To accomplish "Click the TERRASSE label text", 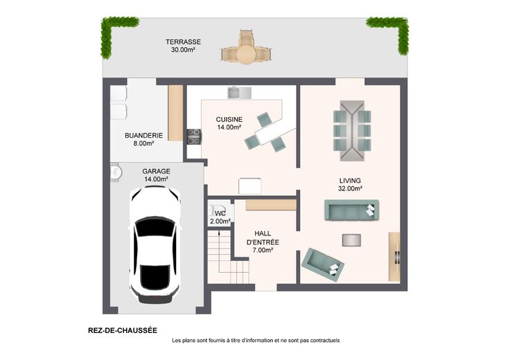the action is (x=183, y=42).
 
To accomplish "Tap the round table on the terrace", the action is (x=247, y=53).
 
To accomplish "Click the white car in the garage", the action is (x=155, y=245).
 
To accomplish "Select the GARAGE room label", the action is (x=156, y=171).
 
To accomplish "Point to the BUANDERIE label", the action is (x=143, y=136).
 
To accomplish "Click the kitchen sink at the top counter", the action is (x=239, y=93).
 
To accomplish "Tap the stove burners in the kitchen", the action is (x=194, y=136).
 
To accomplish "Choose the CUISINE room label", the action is (x=229, y=120).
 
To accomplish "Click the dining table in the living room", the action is (x=352, y=131).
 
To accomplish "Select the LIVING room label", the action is (x=350, y=181).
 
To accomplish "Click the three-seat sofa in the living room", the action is (x=351, y=210).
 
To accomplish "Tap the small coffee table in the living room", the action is (x=351, y=240).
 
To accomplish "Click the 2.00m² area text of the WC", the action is (x=220, y=222).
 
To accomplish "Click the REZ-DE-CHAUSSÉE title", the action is (x=123, y=331).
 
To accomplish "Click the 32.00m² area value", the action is (x=351, y=188).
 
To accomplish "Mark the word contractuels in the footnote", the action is (x=325, y=341).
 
